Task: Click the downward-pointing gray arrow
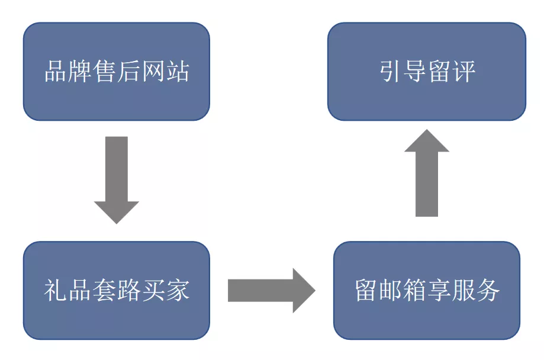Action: point(117,178)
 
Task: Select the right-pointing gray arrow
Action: point(269,290)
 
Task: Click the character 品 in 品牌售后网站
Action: point(56,72)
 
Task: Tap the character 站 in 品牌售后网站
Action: point(178,72)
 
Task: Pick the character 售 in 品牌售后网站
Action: point(104,72)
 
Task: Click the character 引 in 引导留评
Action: point(391,72)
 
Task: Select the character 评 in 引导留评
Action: point(463,72)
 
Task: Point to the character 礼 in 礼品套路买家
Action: point(56,291)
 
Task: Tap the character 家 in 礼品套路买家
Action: point(178,291)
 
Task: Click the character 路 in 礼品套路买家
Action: point(128,291)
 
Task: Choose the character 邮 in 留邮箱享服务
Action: point(390,291)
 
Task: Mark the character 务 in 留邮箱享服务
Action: point(488,291)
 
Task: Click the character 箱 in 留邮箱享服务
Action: point(414,291)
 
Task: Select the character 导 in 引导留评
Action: point(415,72)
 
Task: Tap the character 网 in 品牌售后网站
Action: point(153,72)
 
